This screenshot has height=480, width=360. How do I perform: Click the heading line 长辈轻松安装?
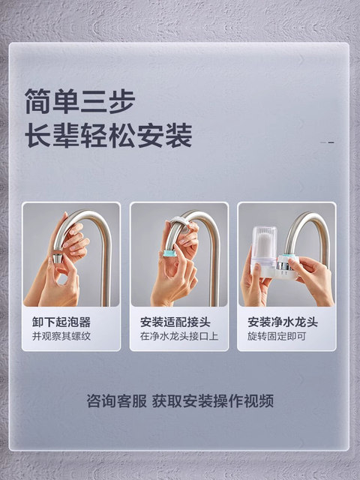(109, 136)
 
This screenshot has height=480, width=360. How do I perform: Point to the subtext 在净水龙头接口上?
(179, 336)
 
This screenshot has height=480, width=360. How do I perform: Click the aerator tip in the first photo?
(57, 257)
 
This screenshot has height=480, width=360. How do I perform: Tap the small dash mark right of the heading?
(328, 142)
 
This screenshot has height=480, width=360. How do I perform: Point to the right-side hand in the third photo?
(311, 277)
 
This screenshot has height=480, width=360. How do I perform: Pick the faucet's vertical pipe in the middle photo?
(214, 270)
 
